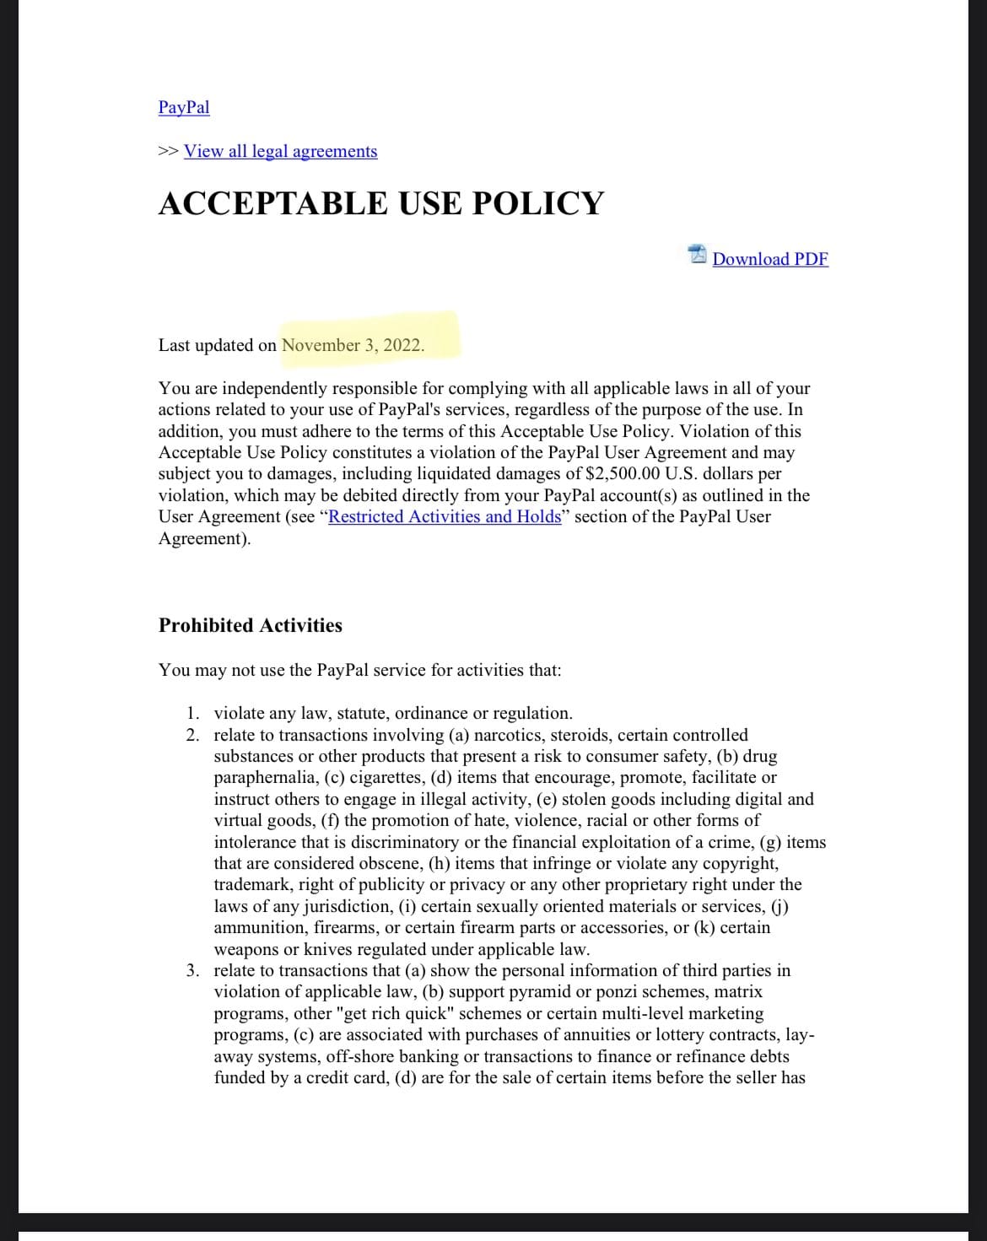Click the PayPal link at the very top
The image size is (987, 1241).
(x=184, y=107)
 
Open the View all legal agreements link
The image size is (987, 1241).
(x=280, y=151)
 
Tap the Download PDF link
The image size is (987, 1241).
(x=770, y=259)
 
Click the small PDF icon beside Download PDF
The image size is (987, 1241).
(x=698, y=255)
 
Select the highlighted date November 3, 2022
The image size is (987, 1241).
(x=353, y=345)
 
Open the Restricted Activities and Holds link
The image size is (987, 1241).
(x=445, y=516)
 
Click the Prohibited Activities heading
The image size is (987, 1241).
(x=251, y=625)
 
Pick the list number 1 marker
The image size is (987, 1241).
(x=194, y=713)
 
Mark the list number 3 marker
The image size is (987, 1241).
(x=194, y=970)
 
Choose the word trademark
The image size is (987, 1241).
(x=251, y=884)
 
